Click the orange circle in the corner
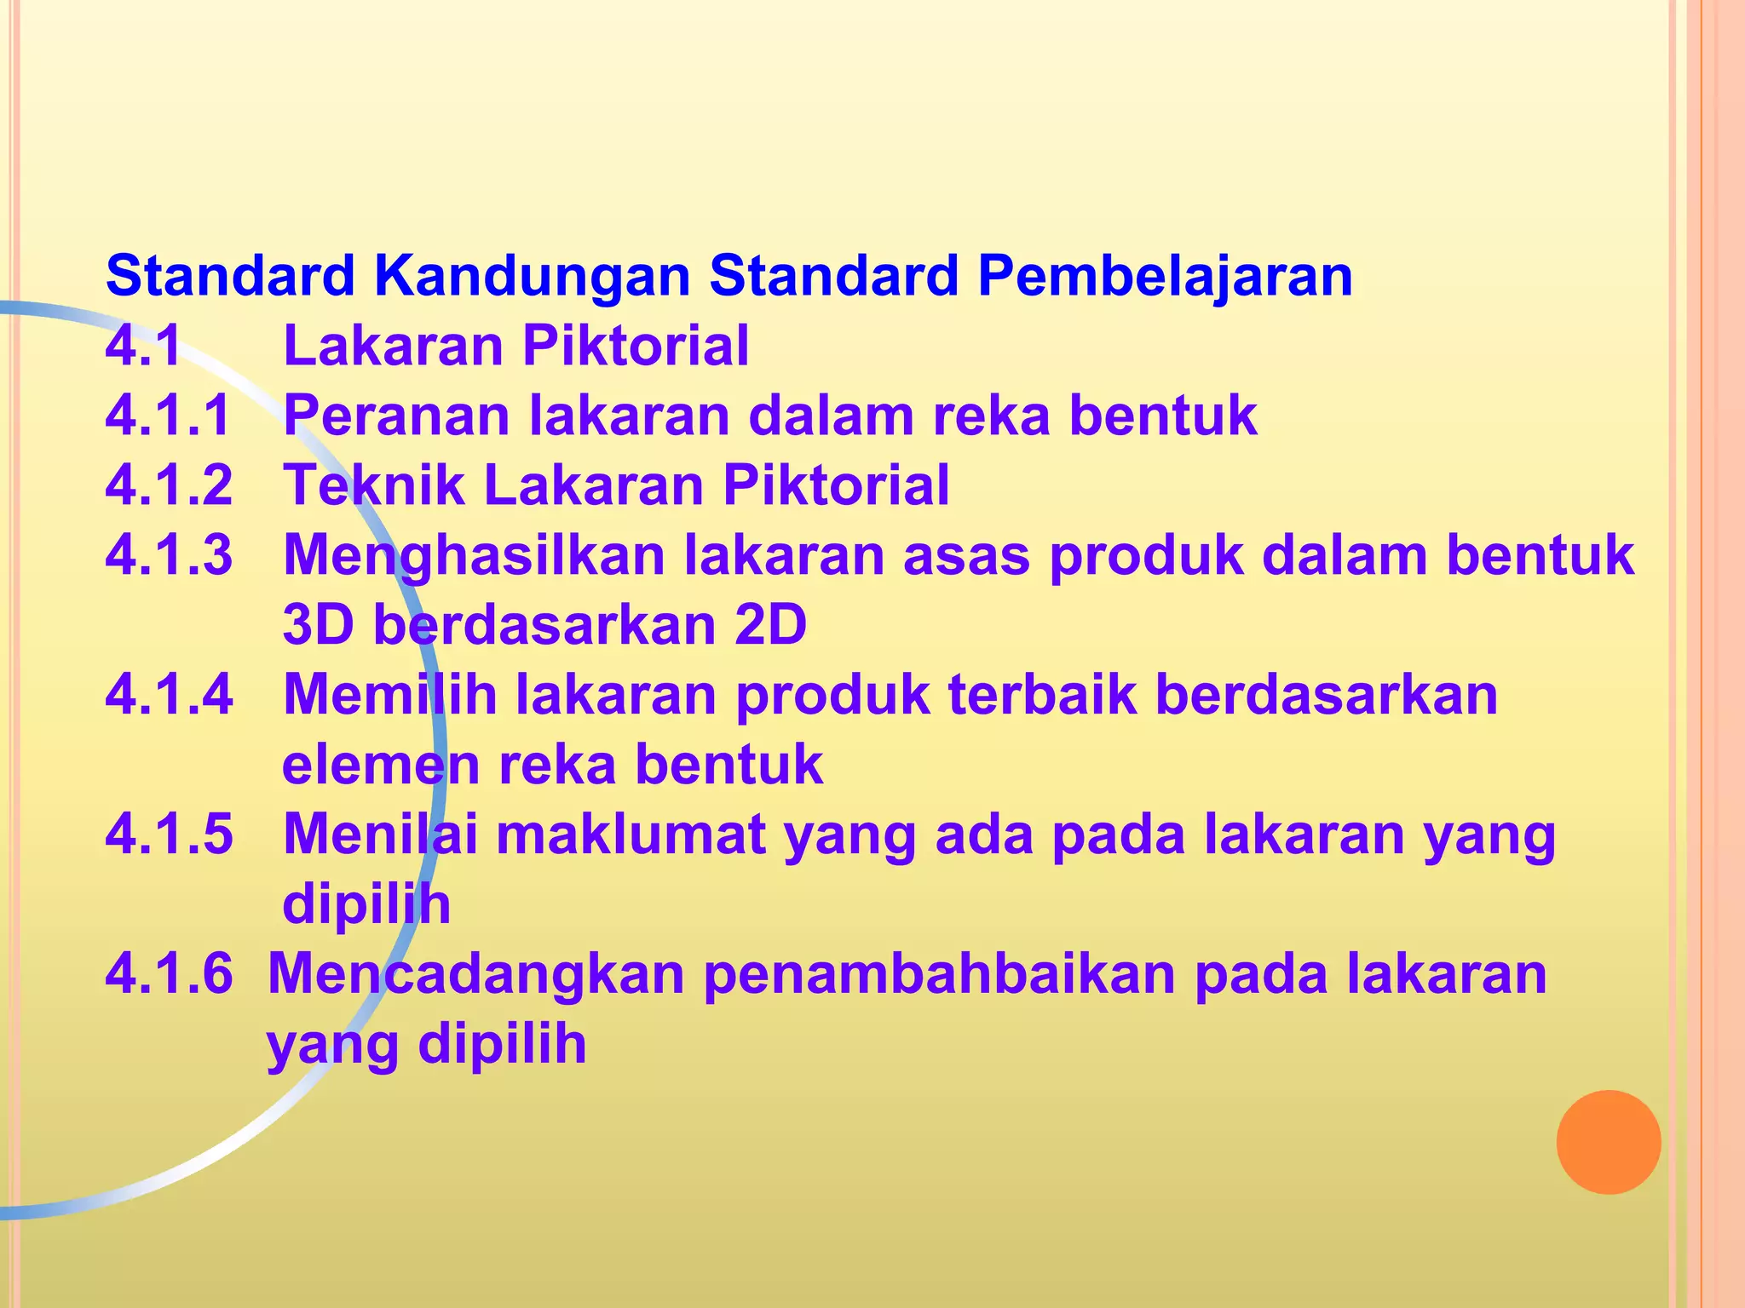[1608, 1142]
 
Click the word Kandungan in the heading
[532, 277]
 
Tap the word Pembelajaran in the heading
[1165, 277]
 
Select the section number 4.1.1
[169, 416]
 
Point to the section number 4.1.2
[169, 485]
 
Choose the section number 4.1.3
[169, 555]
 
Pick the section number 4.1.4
[169, 695]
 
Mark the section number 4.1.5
[169, 835]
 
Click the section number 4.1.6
[169, 974]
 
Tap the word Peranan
[396, 416]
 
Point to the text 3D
[318, 625]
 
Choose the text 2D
[769, 625]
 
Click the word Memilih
[389, 695]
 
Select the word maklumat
[631, 835]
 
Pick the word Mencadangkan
[476, 974]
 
